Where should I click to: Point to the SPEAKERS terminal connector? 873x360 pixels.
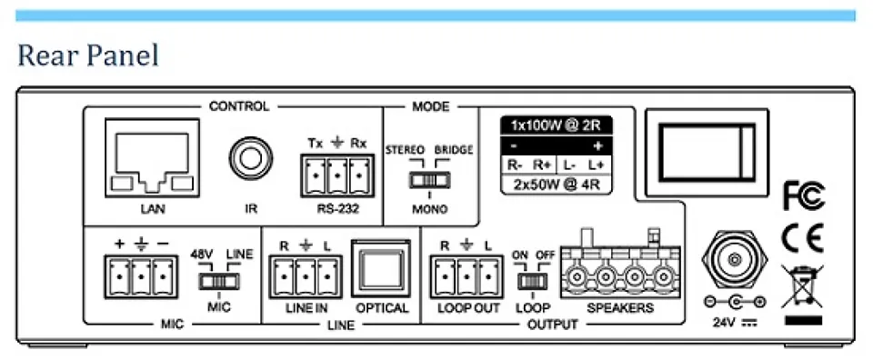pyautogui.click(x=619, y=270)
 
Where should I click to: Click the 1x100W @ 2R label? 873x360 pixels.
pyautogui.click(x=556, y=126)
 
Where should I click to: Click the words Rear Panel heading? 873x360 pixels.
pyautogui.click(x=87, y=56)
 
